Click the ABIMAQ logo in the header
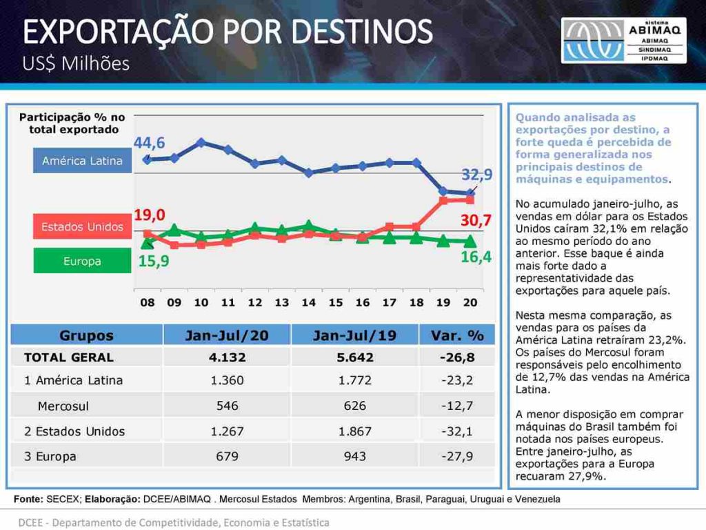pyautogui.click(x=623, y=41)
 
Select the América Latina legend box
pyautogui.click(x=83, y=161)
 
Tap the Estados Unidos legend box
pyautogui.click(x=83, y=226)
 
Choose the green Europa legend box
pyautogui.click(x=83, y=260)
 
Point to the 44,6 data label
pyautogui.click(x=150, y=143)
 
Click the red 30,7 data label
pyautogui.click(x=476, y=220)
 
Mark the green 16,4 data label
pyautogui.click(x=476, y=257)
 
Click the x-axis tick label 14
pyautogui.click(x=308, y=302)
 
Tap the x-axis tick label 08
pyautogui.click(x=148, y=302)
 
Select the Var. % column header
pyautogui.click(x=457, y=335)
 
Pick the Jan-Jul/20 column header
pyautogui.click(x=227, y=335)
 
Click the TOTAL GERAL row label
pyautogui.click(x=69, y=357)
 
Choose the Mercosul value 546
pyautogui.click(x=227, y=406)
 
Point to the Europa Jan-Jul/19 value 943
pyautogui.click(x=355, y=456)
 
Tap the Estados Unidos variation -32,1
pyautogui.click(x=457, y=431)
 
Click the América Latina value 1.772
pyautogui.click(x=355, y=380)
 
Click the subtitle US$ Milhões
pyautogui.click(x=76, y=63)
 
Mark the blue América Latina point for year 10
pyautogui.click(x=201, y=143)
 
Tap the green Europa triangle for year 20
pyautogui.click(x=470, y=241)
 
